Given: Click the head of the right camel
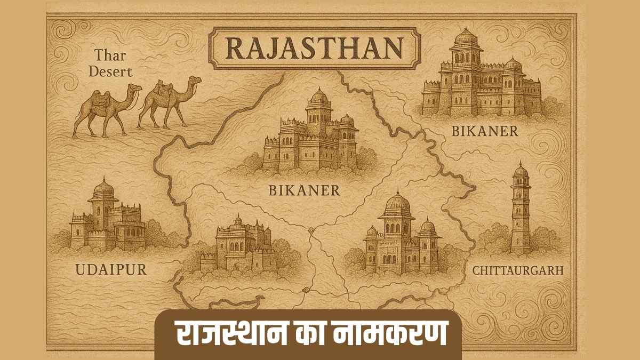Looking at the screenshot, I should pyautogui.click(x=195, y=81).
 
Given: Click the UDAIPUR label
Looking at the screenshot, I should pyautogui.click(x=104, y=269).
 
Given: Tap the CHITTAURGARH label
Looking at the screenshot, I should pyautogui.click(x=518, y=270).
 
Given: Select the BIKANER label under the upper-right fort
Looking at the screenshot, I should pyautogui.click(x=484, y=131).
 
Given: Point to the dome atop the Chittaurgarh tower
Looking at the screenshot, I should pyautogui.click(x=520, y=170).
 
